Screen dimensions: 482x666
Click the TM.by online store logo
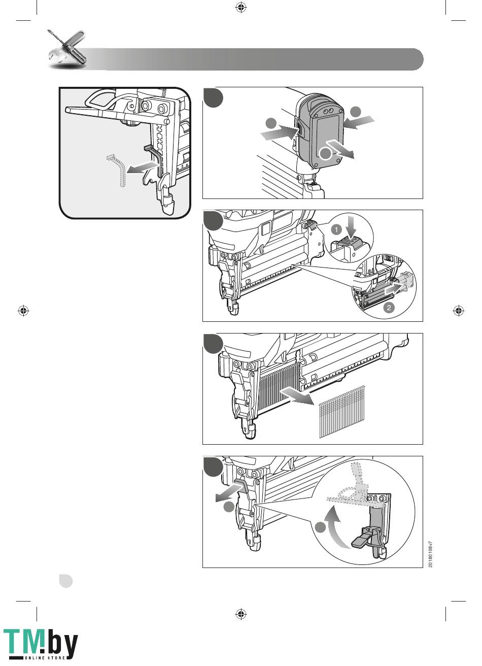click(x=41, y=644)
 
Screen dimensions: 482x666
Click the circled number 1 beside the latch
click(x=336, y=229)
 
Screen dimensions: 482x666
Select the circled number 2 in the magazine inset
click(x=389, y=307)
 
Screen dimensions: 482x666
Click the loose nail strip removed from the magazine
click(x=342, y=412)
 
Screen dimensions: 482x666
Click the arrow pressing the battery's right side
click(x=358, y=122)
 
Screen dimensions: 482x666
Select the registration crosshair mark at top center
click(x=241, y=7)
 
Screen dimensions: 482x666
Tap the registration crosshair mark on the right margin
click(x=459, y=311)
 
